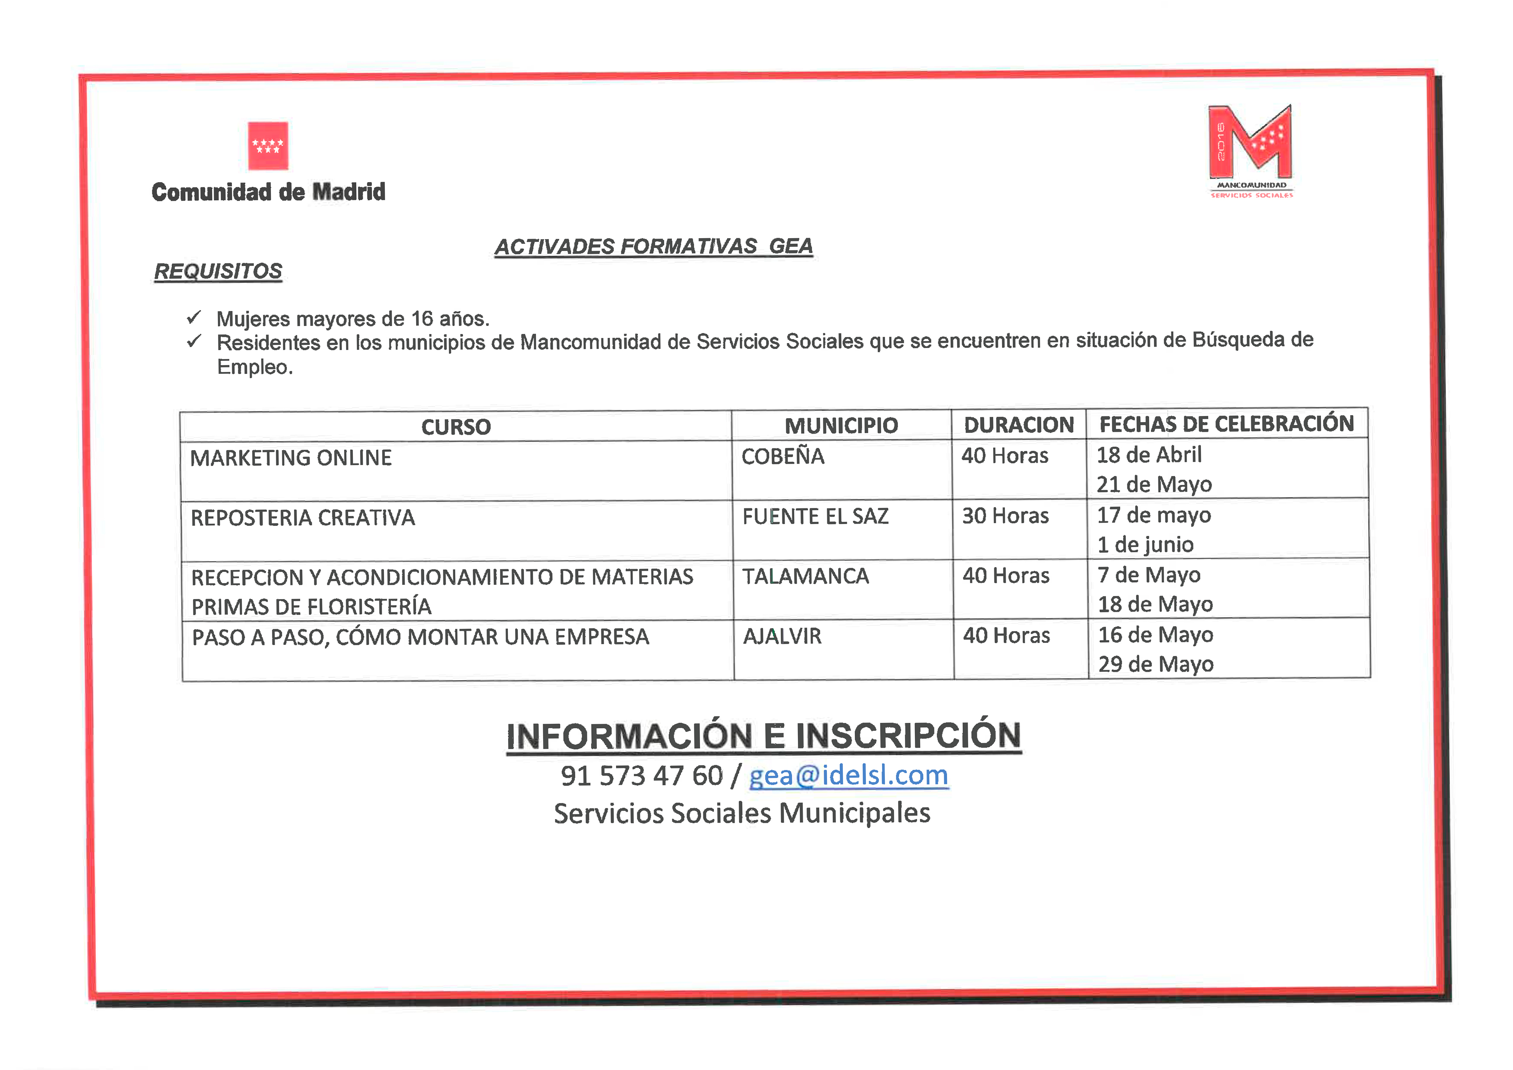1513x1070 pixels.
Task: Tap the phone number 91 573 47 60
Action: point(641,776)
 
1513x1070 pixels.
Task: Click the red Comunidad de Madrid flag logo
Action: point(268,145)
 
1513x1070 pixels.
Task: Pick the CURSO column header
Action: point(456,427)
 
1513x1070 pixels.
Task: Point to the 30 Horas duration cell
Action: point(1005,516)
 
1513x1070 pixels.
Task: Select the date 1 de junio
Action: point(1145,545)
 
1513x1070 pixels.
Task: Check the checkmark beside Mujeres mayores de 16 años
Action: point(194,318)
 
